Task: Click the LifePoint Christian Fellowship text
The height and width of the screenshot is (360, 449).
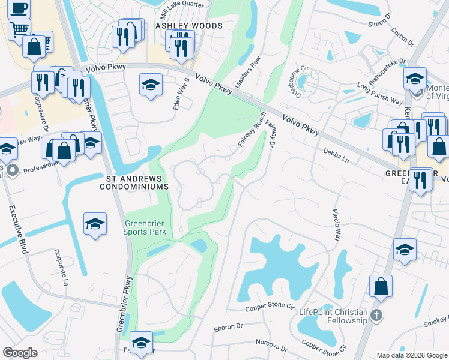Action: pyautogui.click(x=333, y=316)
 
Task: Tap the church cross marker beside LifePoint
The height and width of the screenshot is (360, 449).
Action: pyautogui.click(x=376, y=316)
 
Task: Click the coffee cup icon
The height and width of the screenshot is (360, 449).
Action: pyautogui.click(x=19, y=8)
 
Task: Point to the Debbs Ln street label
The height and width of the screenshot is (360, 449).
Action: pyautogui.click(x=336, y=154)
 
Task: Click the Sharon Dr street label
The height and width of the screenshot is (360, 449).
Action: pyautogui.click(x=228, y=328)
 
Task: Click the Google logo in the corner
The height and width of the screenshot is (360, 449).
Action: pyautogui.click(x=20, y=353)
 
